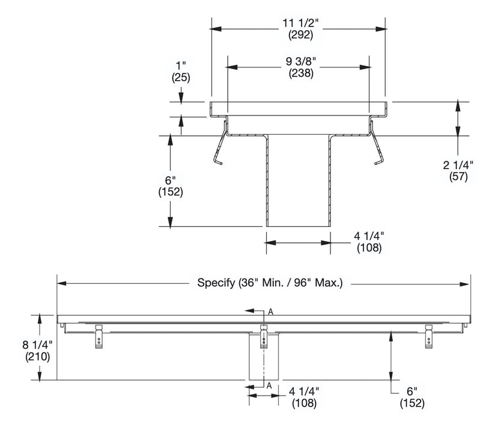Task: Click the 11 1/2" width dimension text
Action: [298, 23]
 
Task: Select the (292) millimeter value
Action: [298, 35]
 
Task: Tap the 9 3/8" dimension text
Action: [298, 61]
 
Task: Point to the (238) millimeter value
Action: [298, 72]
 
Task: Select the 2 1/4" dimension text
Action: [458, 165]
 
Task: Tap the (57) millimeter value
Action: [458, 176]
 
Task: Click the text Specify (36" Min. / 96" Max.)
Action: [270, 283]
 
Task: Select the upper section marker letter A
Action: [271, 312]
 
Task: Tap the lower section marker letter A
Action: [270, 385]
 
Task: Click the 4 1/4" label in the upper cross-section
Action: [369, 236]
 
